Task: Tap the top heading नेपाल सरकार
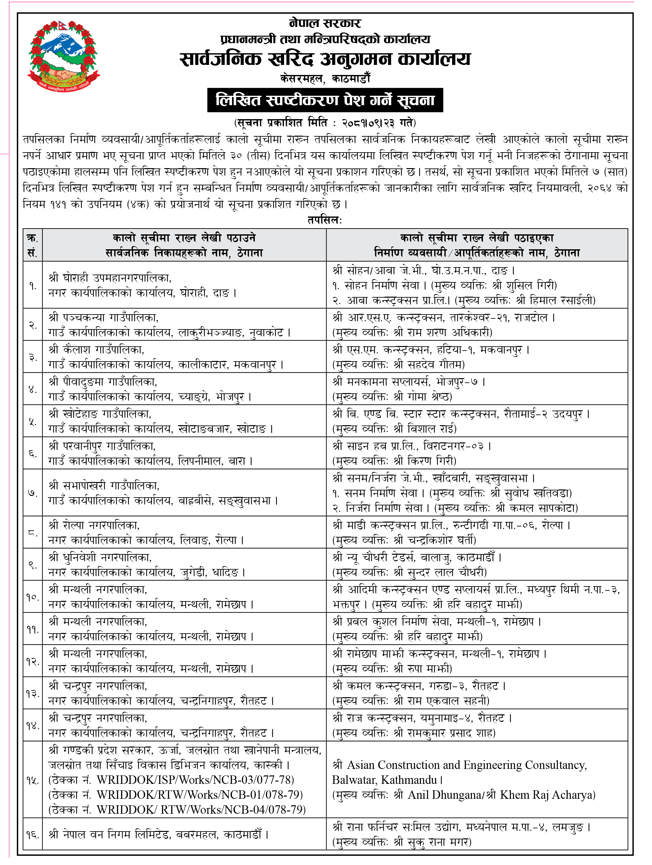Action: [x=325, y=23]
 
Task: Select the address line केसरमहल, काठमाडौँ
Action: [x=325, y=79]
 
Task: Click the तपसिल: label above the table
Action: [x=325, y=220]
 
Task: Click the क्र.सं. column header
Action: [x=32, y=245]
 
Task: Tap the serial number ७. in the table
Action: [x=32, y=493]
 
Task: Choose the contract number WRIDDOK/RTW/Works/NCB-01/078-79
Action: [x=199, y=795]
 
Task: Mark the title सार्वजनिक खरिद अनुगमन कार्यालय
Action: [x=325, y=59]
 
